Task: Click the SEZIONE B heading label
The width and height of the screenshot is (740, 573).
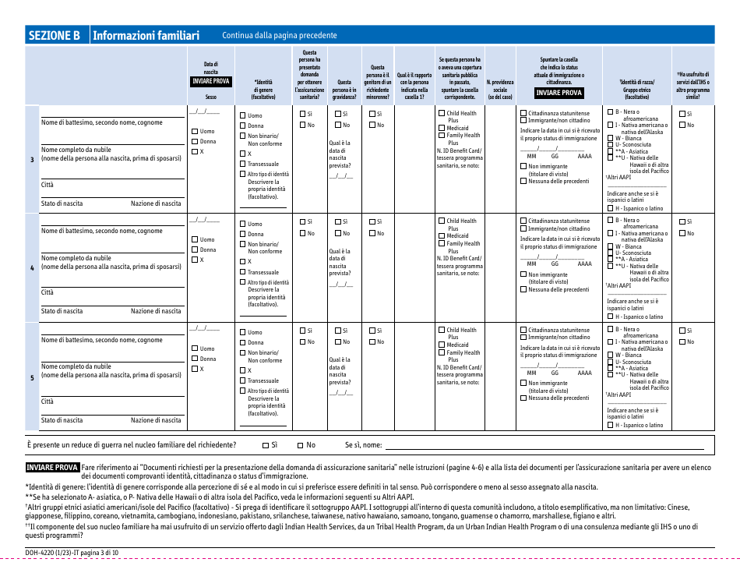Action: coord(55,35)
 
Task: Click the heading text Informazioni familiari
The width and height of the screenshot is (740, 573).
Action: coord(146,35)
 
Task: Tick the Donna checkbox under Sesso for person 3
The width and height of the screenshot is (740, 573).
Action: coord(195,141)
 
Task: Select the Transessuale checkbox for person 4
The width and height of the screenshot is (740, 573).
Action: coord(242,272)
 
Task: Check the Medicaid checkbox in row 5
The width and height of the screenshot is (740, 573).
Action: coord(442,345)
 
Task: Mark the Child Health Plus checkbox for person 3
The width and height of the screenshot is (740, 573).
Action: coord(442,113)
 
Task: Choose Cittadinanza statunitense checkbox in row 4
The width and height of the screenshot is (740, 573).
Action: coord(523,221)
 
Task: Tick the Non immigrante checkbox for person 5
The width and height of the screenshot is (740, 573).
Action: coord(523,383)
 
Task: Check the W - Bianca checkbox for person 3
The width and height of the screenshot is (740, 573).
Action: coord(610,138)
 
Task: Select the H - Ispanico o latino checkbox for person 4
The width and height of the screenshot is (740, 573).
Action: coord(610,317)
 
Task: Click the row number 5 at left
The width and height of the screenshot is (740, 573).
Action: coord(32,377)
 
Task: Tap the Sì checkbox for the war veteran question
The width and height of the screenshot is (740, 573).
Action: coord(265,445)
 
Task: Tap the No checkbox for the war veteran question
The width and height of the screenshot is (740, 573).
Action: coord(301,445)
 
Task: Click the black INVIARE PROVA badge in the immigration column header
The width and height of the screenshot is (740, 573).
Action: coord(559,92)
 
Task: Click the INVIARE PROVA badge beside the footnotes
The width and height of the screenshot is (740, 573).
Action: coord(52,468)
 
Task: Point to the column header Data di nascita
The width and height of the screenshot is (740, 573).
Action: coord(211,68)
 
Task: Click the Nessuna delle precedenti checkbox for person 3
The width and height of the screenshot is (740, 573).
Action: coord(523,181)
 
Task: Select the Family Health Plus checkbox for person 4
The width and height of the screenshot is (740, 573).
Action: coord(442,243)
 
